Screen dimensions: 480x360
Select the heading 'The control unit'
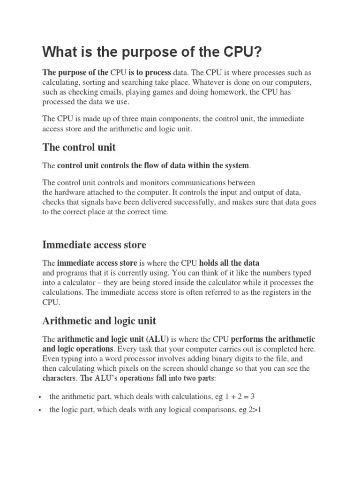(x=79, y=147)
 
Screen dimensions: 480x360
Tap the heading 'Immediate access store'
(x=94, y=245)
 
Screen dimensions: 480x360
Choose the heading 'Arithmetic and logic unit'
(x=99, y=321)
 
